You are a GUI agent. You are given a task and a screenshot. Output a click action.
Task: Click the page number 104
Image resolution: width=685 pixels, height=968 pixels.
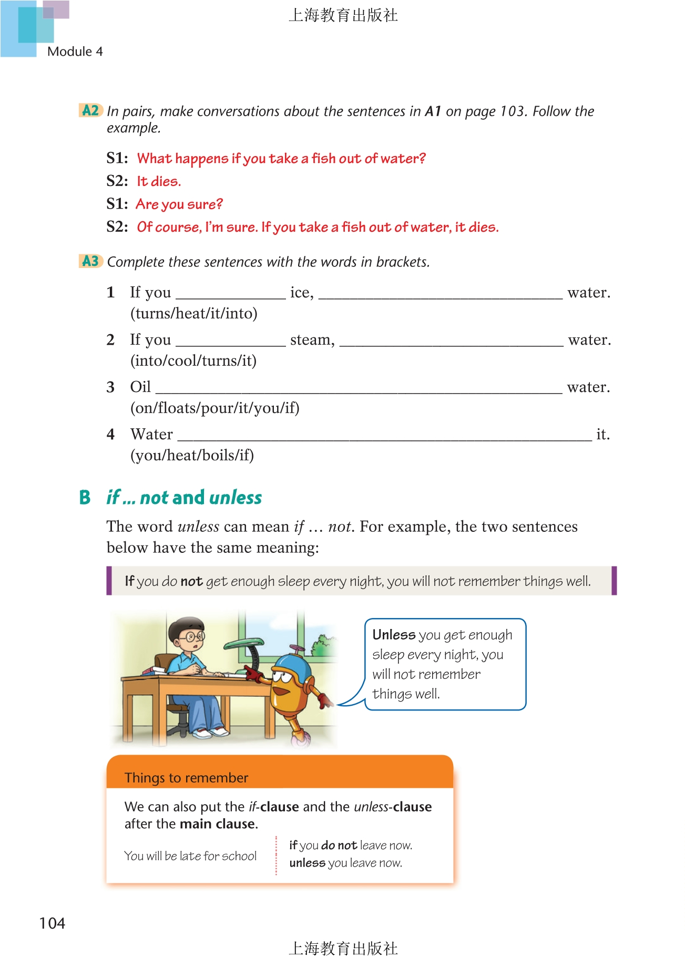pos(52,923)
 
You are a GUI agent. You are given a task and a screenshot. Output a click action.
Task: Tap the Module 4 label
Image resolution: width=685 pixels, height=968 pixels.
pos(75,52)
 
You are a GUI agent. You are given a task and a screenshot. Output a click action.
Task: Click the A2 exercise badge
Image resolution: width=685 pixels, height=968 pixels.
pos(90,110)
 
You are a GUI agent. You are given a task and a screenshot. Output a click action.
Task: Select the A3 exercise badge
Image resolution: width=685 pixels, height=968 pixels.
pos(90,261)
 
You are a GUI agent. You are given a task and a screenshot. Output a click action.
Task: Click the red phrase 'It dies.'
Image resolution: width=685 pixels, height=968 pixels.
pos(159,181)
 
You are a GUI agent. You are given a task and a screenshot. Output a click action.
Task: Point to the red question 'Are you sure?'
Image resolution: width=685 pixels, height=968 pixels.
pos(179,204)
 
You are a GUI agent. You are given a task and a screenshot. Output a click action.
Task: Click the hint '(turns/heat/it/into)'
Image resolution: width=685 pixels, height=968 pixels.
pos(193,313)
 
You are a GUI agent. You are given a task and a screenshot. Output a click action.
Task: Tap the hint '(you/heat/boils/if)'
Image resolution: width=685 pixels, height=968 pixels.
pos(192,455)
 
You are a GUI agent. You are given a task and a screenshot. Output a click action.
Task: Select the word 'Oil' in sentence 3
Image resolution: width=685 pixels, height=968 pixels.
pos(140,387)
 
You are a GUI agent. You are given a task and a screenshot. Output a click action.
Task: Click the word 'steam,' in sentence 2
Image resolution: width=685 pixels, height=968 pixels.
pos(312,340)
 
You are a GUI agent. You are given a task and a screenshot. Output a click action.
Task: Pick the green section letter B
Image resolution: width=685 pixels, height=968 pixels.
pos(85,497)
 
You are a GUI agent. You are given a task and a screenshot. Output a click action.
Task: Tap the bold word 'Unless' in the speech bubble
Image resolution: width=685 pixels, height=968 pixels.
pos(394,635)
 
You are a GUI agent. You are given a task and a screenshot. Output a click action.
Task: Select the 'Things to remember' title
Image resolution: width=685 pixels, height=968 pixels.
pos(186,778)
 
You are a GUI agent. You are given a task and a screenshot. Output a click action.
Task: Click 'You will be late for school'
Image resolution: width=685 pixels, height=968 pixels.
pos(190,856)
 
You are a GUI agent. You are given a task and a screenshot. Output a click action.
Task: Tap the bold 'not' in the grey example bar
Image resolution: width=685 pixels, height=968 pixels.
pos(191,581)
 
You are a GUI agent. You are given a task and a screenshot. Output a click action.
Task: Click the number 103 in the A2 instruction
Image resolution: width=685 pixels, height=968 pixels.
pos(512,111)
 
